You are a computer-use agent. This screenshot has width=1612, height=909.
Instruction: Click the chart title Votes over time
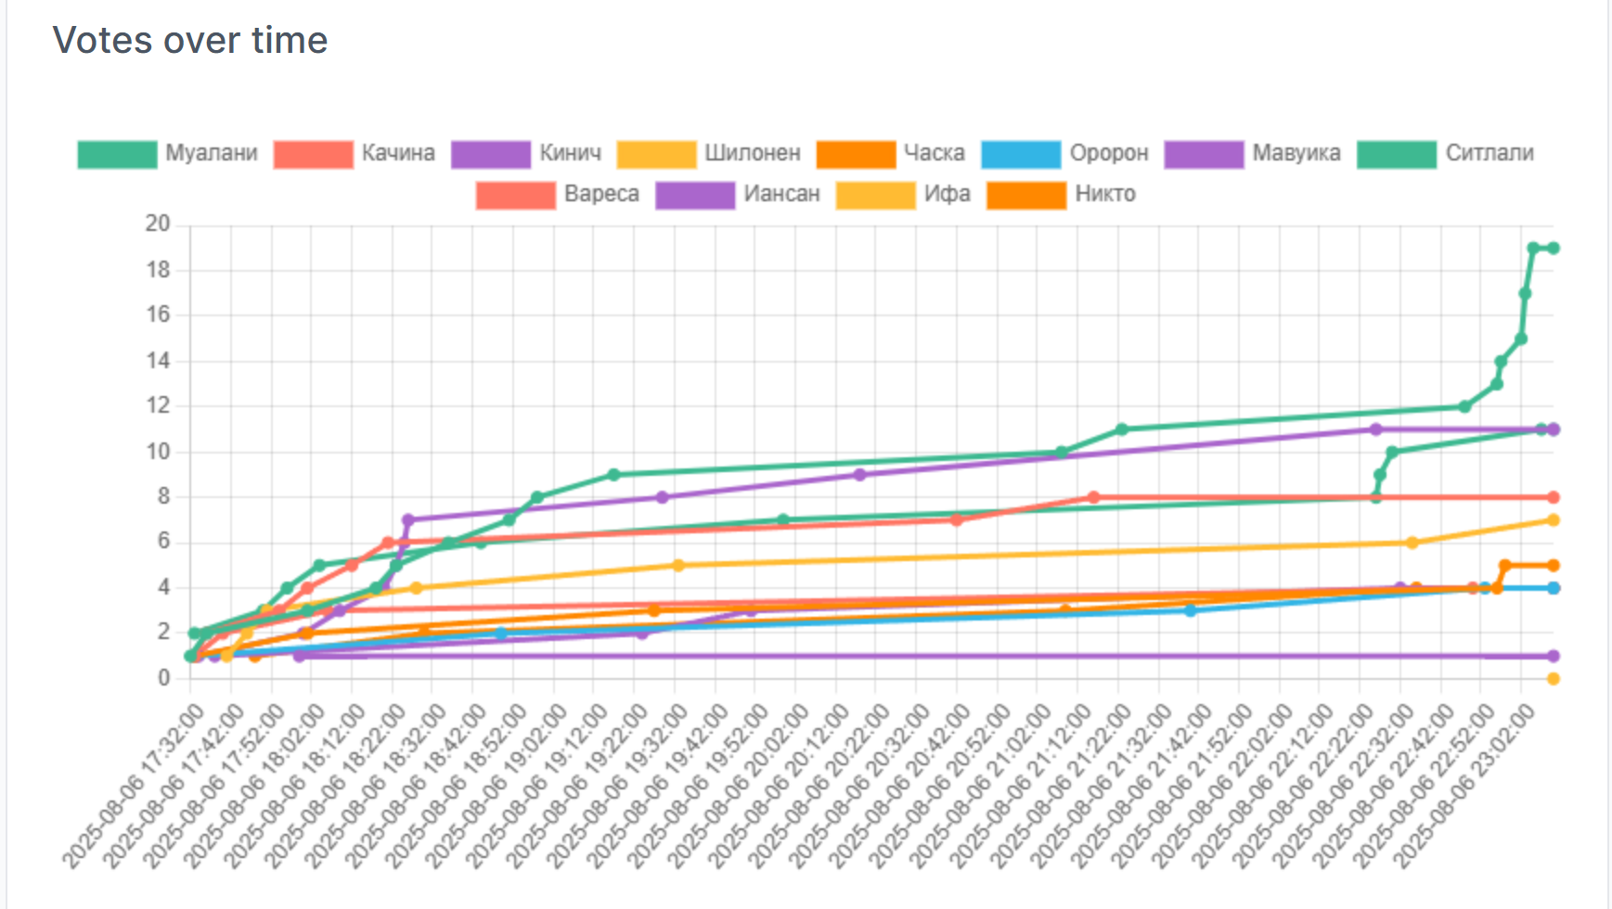point(190,41)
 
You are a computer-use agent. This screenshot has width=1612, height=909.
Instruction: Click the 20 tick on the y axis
point(158,224)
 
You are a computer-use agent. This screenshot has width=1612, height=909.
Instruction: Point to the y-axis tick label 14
point(158,361)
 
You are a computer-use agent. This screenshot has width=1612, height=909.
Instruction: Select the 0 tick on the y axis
point(163,678)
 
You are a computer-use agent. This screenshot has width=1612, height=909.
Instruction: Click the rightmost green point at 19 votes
point(1553,249)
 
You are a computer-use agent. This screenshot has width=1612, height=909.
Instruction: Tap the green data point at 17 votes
point(1525,294)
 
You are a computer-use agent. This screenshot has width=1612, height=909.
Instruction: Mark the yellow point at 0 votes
point(1553,679)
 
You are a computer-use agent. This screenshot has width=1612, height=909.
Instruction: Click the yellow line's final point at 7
point(1553,520)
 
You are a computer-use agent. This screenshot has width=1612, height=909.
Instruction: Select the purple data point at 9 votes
point(859,475)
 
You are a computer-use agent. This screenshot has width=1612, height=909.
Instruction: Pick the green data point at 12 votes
point(1464,406)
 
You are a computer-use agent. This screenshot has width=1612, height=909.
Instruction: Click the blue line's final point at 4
point(1553,588)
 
